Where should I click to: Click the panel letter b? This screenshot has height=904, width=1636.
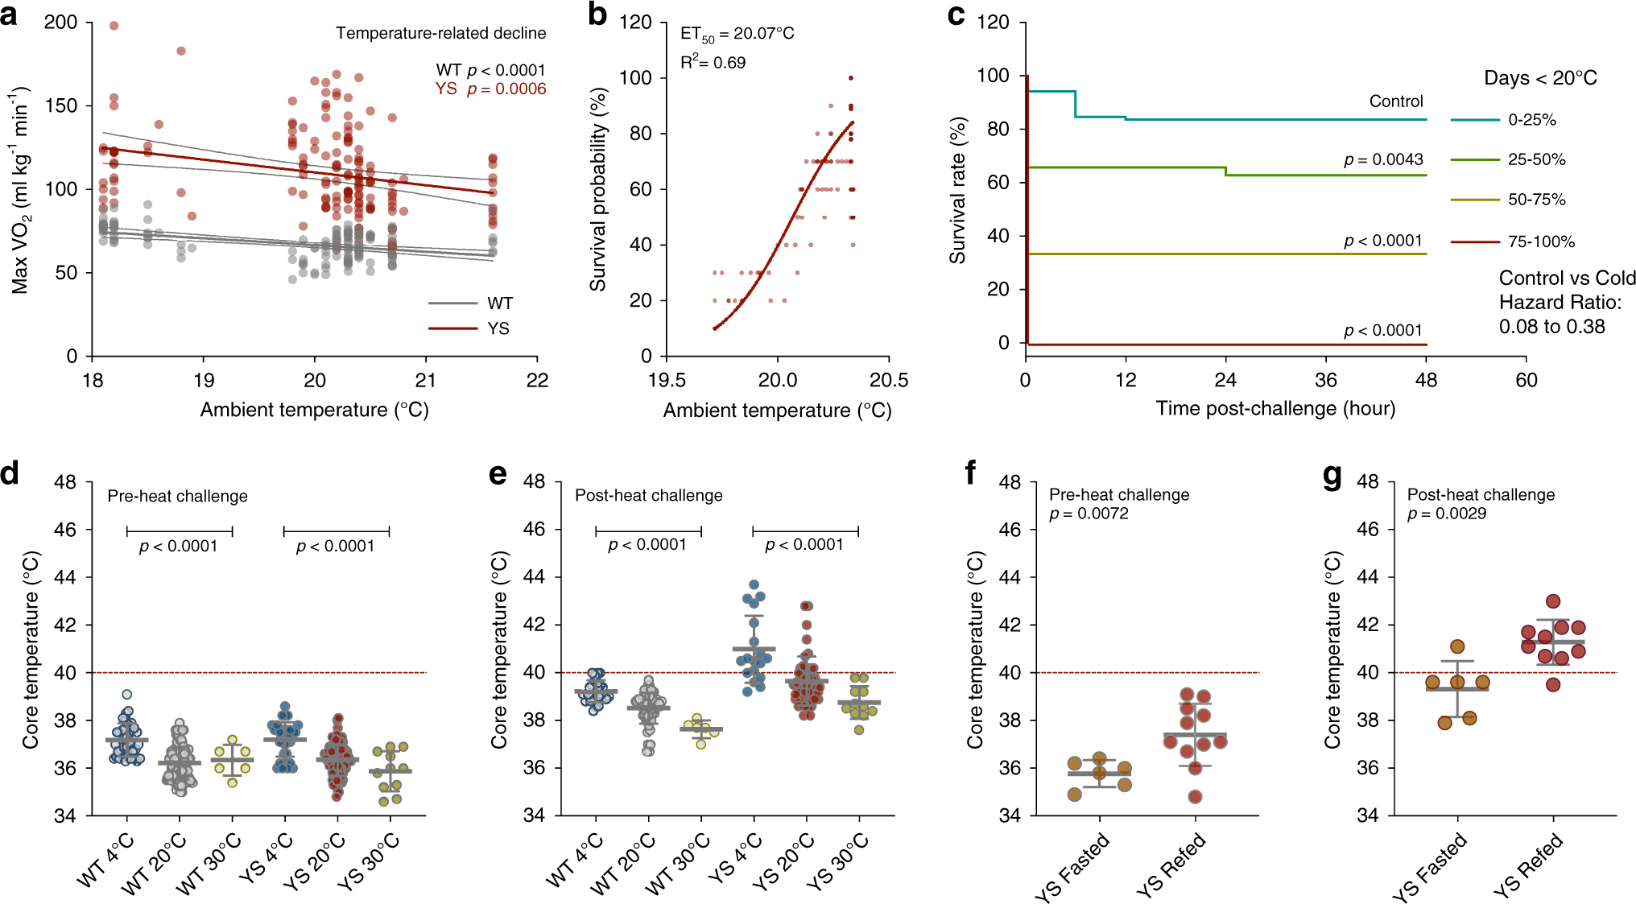pos(597,14)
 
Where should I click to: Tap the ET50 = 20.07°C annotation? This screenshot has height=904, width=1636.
pos(737,34)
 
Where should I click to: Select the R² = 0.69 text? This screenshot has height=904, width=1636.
pos(713,62)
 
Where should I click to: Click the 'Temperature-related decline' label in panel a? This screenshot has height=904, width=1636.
pos(440,33)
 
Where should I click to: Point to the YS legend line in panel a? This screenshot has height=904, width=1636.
pos(452,328)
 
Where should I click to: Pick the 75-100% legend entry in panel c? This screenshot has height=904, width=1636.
pos(1541,241)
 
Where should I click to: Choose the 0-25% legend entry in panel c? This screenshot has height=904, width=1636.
pos(1531,120)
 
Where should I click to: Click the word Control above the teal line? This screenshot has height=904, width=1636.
pos(1396,101)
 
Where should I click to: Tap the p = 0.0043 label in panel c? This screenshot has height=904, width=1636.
pos(1383,159)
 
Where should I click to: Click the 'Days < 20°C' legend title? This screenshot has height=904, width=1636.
pos(1540,78)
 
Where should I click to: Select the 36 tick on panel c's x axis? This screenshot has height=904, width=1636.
pos(1326,380)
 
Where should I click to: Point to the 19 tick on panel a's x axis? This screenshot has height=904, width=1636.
pos(204,381)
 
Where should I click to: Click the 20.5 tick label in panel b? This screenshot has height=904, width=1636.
pos(889,381)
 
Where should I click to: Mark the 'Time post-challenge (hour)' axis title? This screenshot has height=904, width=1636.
pos(1275,408)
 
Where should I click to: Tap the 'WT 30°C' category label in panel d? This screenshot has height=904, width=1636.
pos(209,864)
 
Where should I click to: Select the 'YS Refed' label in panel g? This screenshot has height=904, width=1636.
pos(1527,865)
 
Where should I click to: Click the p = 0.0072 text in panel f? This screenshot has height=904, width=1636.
pos(1089,514)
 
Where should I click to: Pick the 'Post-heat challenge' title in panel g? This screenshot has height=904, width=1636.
pos(1481,495)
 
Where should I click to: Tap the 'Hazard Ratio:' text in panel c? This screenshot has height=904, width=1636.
pos(1560,303)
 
